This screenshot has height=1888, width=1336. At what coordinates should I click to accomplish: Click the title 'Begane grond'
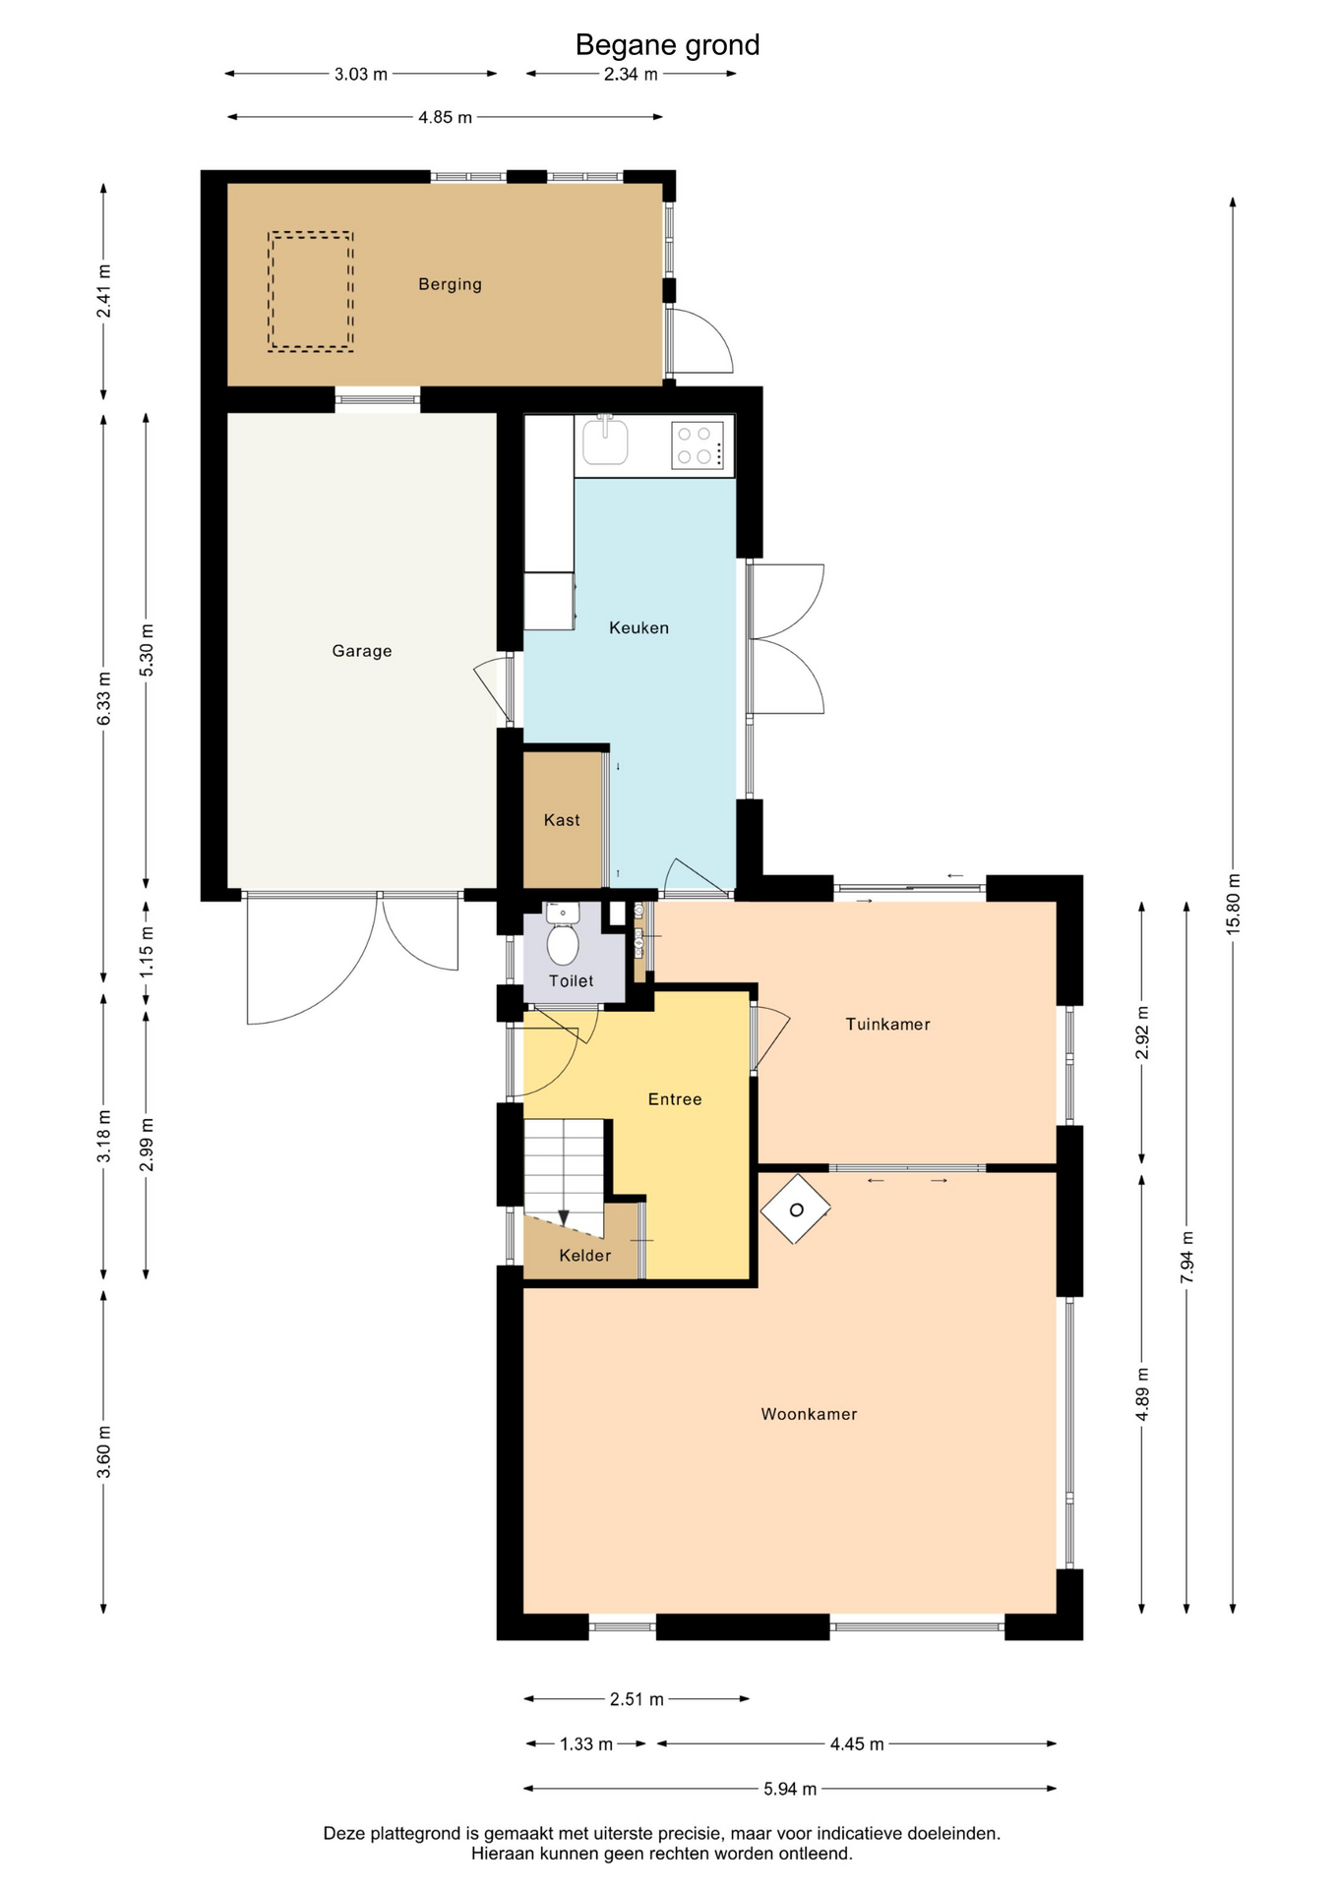pos(667,45)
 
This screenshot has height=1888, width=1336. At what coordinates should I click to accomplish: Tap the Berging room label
pos(450,284)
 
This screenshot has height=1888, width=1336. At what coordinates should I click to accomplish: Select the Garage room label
pos(362,651)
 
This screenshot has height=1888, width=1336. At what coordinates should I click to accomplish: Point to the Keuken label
pos(638,627)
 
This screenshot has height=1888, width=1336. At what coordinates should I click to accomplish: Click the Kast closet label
pos(562,820)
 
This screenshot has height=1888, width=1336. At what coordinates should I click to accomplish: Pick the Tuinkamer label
pos(887,1024)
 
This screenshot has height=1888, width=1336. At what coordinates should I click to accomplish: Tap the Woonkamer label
pos(809,1414)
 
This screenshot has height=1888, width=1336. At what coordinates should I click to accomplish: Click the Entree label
pos(675,1099)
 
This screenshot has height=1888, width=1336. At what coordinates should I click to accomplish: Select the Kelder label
pos(585,1256)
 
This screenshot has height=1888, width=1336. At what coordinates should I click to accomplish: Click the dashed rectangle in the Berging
pos(311,292)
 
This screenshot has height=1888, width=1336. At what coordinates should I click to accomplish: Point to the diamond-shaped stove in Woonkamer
pos(796,1209)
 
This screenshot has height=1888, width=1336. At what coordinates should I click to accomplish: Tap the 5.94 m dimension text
pos(790,1789)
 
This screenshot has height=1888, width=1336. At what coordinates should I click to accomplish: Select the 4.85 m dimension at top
pos(445,117)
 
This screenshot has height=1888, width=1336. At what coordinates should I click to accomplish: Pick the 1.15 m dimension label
pos(147,952)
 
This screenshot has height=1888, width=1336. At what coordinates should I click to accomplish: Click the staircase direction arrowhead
pos(564,1218)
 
